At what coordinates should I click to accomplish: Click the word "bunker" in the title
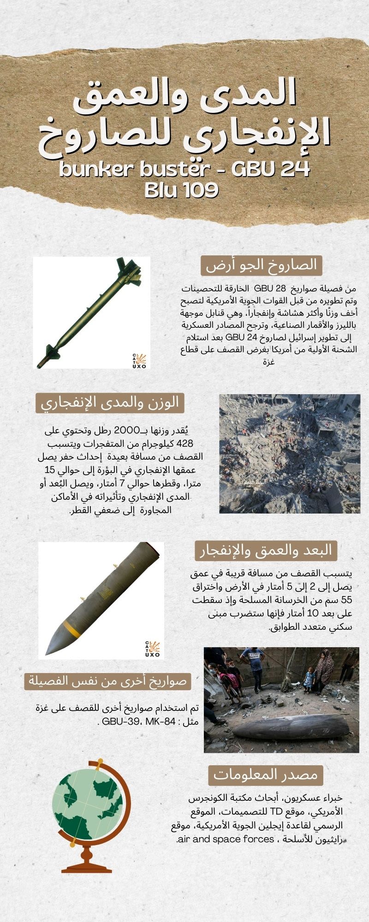point(88,169)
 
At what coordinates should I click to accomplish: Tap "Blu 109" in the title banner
point(181,190)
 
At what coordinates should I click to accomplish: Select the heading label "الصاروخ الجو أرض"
point(262,265)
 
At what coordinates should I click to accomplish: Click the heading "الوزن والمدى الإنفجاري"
point(110,402)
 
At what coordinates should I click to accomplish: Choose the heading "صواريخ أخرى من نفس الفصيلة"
point(107,680)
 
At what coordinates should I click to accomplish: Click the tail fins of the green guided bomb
point(128,271)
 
